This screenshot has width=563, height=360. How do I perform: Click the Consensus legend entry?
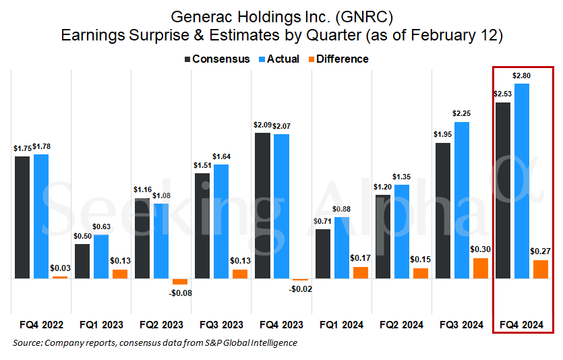point(217,59)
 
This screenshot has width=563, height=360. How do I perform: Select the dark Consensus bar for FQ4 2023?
point(262,206)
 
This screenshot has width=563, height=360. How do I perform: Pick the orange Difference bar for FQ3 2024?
point(480,268)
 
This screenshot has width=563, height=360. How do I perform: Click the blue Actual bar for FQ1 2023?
point(101,256)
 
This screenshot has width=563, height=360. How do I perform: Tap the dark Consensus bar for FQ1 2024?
point(323,253)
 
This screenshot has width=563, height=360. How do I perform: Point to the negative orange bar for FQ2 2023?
point(180,281)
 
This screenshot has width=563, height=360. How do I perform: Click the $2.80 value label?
point(521,76)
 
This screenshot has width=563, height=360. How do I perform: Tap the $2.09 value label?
point(263,125)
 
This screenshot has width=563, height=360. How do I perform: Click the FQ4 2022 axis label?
point(42,325)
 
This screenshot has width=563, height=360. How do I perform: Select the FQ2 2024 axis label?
point(402,325)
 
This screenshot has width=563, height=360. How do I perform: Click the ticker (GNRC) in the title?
point(376,16)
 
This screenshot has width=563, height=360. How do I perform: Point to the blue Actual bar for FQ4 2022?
point(41,216)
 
